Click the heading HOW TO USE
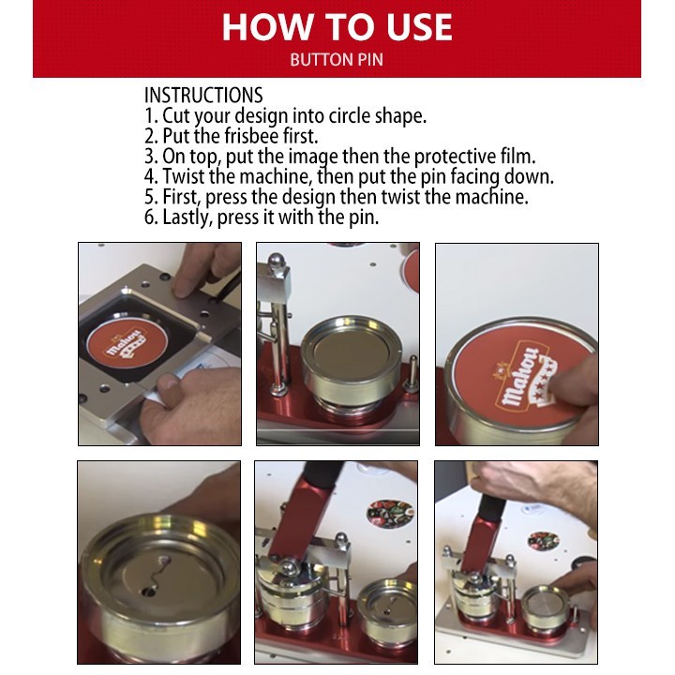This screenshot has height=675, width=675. pos(337,26)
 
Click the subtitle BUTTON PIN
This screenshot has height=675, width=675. pos(337,60)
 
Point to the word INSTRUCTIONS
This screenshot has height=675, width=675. pos(203,95)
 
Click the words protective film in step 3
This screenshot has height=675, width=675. pos(474,157)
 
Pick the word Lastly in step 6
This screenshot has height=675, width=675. pos(187,217)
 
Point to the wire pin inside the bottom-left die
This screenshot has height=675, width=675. pos(156,576)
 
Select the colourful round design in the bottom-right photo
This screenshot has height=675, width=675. pos(543,541)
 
